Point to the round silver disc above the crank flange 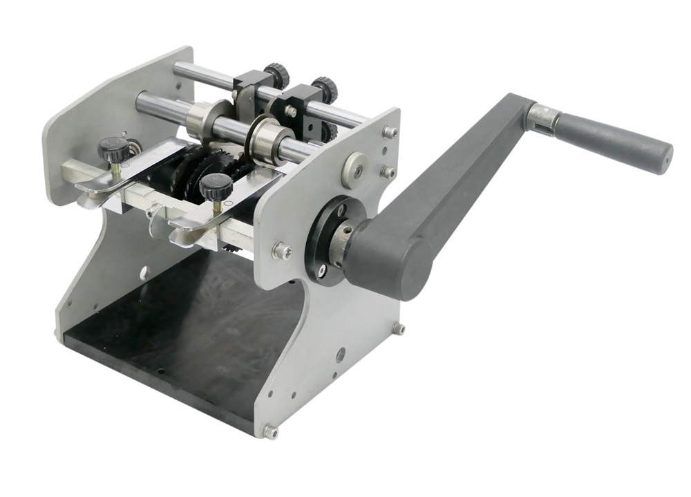354,168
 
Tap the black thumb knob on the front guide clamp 216,186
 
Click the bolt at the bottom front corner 269,432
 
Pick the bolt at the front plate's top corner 391,131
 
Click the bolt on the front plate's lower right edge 398,328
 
